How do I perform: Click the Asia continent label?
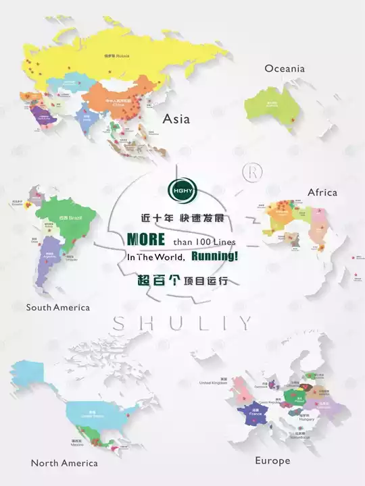click(x=176, y=119)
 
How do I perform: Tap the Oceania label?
click(x=285, y=68)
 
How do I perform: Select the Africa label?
click(x=322, y=192)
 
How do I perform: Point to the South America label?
click(x=57, y=307)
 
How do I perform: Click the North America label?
click(x=64, y=463)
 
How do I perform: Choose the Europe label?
click(x=272, y=460)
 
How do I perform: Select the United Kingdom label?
click(x=213, y=383)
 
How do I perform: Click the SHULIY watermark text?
click(x=182, y=323)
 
